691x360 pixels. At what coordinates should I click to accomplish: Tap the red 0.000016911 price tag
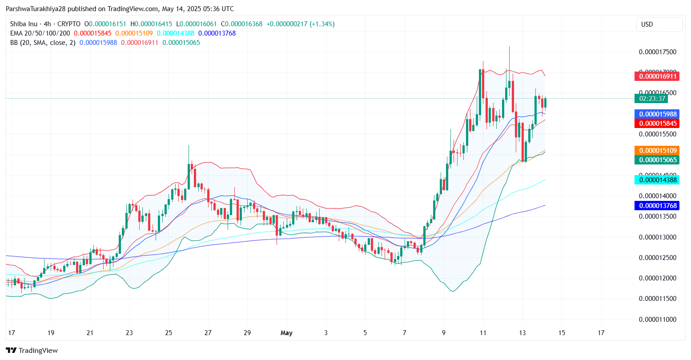pyautogui.click(x=657, y=76)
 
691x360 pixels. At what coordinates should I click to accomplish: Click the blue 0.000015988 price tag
pyautogui.click(x=657, y=114)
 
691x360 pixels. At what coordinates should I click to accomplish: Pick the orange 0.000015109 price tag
pyautogui.click(x=657, y=151)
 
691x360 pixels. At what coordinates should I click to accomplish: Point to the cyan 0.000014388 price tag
pyautogui.click(x=657, y=180)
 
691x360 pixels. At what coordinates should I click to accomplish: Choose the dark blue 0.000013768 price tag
pyautogui.click(x=657, y=206)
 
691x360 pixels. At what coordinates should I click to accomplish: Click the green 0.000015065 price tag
pyautogui.click(x=657, y=160)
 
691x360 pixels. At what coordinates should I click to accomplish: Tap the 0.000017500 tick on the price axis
pyautogui.click(x=657, y=52)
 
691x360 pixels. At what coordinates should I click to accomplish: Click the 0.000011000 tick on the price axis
pyautogui.click(x=657, y=320)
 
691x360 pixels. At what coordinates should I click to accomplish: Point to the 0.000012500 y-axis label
pyautogui.click(x=657, y=258)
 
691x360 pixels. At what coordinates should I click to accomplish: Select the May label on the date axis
pyautogui.click(x=286, y=333)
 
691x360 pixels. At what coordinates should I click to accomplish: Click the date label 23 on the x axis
pyautogui.click(x=129, y=333)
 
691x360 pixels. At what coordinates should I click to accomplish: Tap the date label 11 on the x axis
pyautogui.click(x=483, y=333)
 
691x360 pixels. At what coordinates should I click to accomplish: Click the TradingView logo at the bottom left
pyautogui.click(x=32, y=351)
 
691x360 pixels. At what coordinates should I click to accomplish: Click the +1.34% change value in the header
pyautogui.click(x=322, y=24)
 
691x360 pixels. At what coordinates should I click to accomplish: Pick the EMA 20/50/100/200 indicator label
pyautogui.click(x=40, y=33)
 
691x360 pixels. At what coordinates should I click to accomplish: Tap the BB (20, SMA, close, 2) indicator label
pyautogui.click(x=43, y=43)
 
